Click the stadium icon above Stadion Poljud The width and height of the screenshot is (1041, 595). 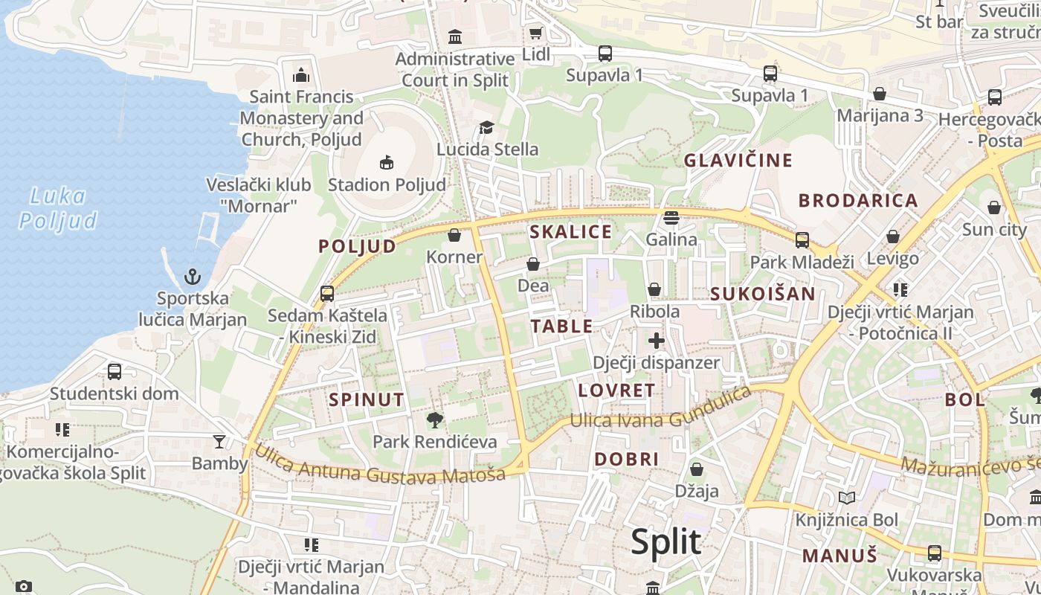click(x=386, y=161)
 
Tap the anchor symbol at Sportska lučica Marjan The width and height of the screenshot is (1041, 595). click(x=193, y=277)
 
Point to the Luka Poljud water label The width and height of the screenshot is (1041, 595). click(x=58, y=208)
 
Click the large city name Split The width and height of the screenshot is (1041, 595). click(x=665, y=541)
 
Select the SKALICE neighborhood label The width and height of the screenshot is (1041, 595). click(x=570, y=232)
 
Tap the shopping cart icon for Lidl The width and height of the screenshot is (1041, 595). click(x=535, y=33)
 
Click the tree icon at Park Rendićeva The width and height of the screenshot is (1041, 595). click(x=435, y=420)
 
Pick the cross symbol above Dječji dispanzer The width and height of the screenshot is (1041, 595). click(x=656, y=341)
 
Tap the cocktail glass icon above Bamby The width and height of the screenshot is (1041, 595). click(x=219, y=442)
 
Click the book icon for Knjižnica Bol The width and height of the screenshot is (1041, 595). click(x=846, y=498)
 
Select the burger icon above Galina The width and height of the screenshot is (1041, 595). click(x=671, y=217)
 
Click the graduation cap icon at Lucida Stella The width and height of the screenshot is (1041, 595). click(x=487, y=127)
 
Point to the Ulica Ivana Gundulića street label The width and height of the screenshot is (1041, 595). click(x=660, y=409)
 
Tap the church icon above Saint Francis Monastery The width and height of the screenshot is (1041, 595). click(x=301, y=74)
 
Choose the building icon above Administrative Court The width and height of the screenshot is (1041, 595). click(x=455, y=36)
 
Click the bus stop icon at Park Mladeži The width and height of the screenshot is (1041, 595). click(x=802, y=239)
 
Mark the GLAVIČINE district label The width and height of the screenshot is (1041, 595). click(x=738, y=161)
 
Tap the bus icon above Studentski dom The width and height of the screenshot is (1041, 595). click(x=115, y=371)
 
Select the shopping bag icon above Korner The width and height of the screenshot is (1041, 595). click(x=454, y=235)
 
